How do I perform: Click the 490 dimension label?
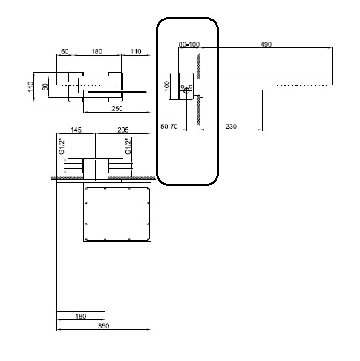point(266,44)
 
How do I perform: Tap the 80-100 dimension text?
point(189,44)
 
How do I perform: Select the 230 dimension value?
point(231,127)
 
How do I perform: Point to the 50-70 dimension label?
point(169,127)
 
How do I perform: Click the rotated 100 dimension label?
point(167,86)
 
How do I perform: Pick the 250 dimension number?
point(117,108)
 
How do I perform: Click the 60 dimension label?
point(65,51)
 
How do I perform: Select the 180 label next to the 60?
point(96,51)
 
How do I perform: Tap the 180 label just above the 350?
point(81,316)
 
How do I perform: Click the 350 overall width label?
point(103,326)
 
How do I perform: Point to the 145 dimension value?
point(76,130)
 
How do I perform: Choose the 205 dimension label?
point(123,130)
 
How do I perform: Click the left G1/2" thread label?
point(62,146)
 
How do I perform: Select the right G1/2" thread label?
point(128,146)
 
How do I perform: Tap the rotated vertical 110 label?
point(30,87)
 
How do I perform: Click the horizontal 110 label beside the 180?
point(136,51)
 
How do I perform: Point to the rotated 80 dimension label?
point(45,87)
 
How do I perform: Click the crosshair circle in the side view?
point(186,91)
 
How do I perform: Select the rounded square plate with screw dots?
point(117,213)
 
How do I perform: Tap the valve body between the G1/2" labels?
point(96,169)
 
